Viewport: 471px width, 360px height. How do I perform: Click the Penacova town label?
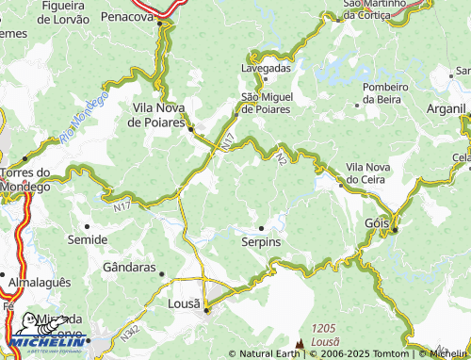click(125, 17)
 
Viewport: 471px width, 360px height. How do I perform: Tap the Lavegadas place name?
click(267, 68)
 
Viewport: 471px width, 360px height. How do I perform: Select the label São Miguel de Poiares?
click(266, 103)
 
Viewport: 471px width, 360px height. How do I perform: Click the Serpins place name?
click(261, 242)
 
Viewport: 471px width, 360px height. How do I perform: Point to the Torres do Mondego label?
click(26, 179)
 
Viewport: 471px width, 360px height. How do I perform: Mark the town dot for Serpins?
click(261, 228)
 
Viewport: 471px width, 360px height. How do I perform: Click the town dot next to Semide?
click(88, 226)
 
